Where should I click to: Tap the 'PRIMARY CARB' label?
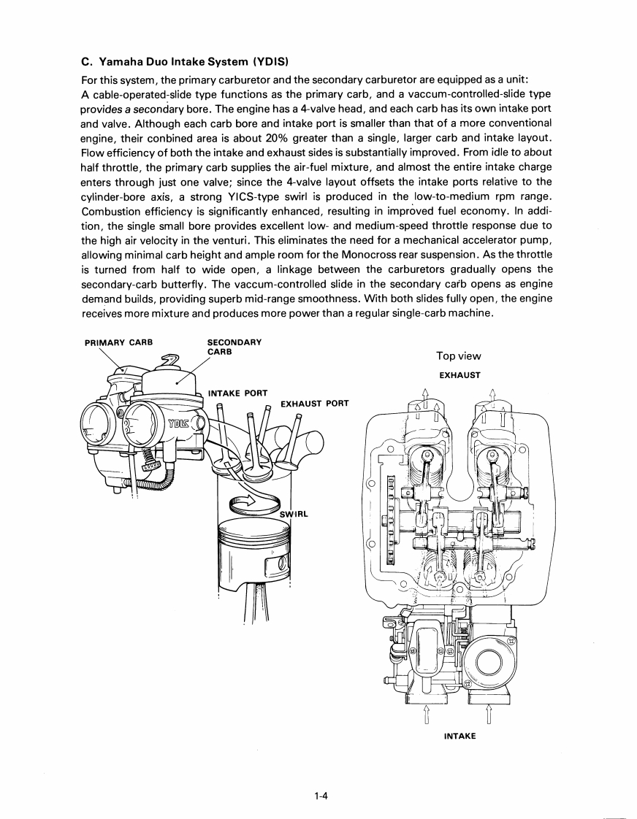click(x=118, y=342)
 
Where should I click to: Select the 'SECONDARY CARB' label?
click(x=234, y=347)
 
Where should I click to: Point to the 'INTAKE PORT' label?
click(x=238, y=393)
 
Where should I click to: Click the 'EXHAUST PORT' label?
click(x=314, y=403)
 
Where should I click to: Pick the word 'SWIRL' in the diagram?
click(x=294, y=513)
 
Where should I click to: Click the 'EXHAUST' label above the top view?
click(x=459, y=375)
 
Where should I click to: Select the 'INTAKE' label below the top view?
click(x=459, y=736)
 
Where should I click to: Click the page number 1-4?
click(x=318, y=796)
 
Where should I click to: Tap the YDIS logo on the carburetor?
click(x=178, y=424)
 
